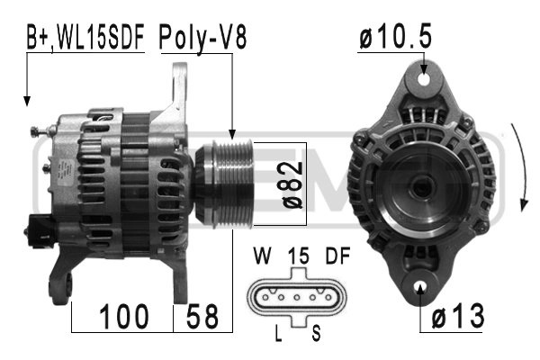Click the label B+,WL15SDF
(84, 38)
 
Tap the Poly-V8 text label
(202, 38)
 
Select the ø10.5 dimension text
(396, 37)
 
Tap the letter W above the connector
(260, 256)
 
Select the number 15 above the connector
(297, 256)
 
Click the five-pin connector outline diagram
(297, 295)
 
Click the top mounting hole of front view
(423, 77)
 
